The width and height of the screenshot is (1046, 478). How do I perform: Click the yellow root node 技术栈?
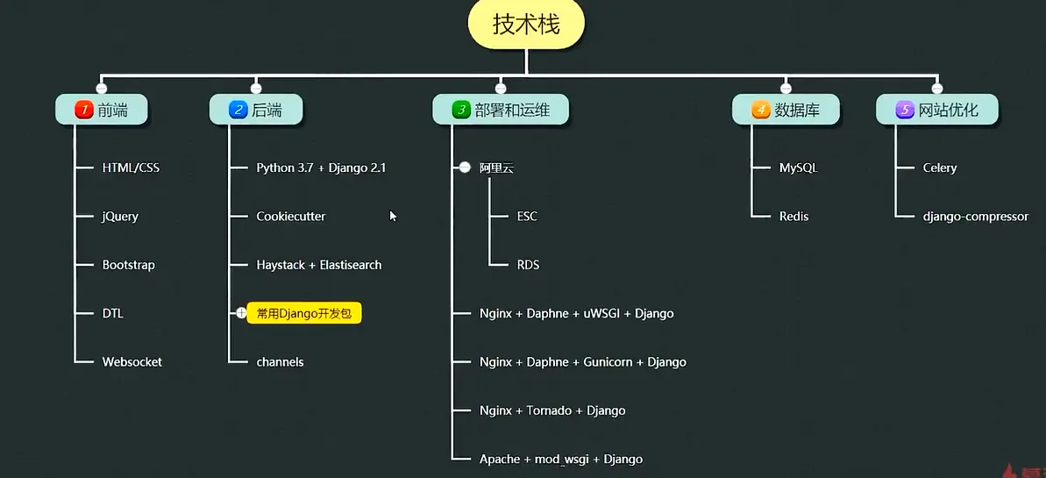[525, 25]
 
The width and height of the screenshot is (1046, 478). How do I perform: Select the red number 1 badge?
[84, 110]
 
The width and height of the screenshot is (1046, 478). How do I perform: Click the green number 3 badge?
[461, 110]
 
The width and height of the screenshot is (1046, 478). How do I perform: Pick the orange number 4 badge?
[761, 110]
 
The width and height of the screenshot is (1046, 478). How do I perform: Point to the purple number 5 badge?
[905, 110]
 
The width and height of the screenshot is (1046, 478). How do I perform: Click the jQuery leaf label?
[120, 217]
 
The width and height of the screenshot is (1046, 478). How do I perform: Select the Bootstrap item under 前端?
[128, 265]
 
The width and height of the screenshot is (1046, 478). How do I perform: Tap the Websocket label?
[132, 361]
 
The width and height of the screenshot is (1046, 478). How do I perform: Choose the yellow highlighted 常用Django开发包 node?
[304, 313]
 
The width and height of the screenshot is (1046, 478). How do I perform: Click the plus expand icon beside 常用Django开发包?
[241, 313]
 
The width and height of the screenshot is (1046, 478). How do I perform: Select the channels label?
[280, 361]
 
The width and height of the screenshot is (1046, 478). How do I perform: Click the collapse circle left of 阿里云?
[466, 168]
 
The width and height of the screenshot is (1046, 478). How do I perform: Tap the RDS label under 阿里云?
[528, 265]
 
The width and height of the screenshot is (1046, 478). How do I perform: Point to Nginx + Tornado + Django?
[552, 410]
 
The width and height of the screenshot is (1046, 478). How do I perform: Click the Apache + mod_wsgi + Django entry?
[561, 459]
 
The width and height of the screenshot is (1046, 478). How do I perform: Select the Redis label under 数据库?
[793, 217]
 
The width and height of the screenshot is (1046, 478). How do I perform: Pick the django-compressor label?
[975, 217]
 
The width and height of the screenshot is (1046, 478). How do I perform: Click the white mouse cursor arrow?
[393, 215]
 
